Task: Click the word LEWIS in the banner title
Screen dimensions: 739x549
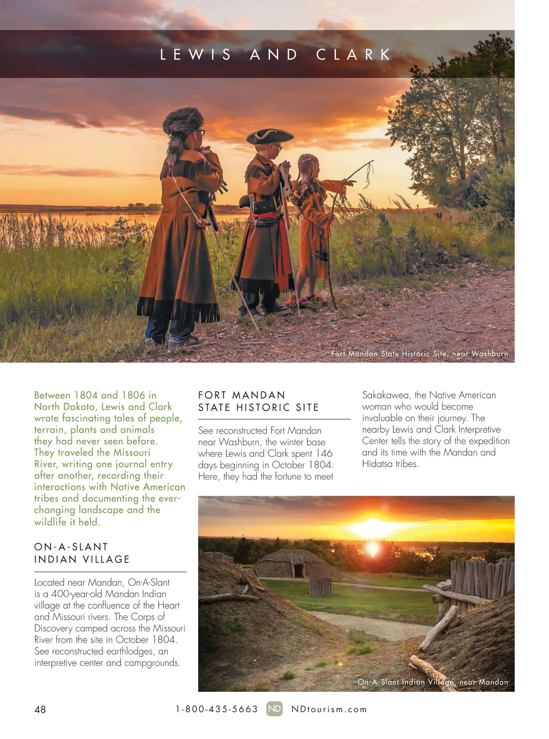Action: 196,55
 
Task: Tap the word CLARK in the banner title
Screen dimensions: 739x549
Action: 354,55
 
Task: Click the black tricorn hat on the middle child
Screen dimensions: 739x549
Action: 269,135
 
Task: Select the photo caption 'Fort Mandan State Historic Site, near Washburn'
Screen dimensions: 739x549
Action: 419,354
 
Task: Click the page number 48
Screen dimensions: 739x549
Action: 40,709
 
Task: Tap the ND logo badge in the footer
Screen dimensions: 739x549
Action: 274,709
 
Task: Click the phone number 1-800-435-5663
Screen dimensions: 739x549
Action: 217,709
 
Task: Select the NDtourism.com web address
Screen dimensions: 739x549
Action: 329,709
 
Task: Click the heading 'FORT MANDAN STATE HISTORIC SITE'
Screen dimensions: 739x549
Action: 258,401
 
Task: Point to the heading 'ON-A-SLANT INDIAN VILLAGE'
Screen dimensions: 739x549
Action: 82,553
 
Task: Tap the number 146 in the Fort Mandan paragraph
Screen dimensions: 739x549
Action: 324,454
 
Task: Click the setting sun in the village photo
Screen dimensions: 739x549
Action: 373,547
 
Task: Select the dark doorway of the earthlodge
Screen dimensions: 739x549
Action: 298,571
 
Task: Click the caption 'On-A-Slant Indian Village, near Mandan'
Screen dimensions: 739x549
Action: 432,682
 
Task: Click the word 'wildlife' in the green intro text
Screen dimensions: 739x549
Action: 50,522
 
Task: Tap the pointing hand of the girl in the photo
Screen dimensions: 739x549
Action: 351,183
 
